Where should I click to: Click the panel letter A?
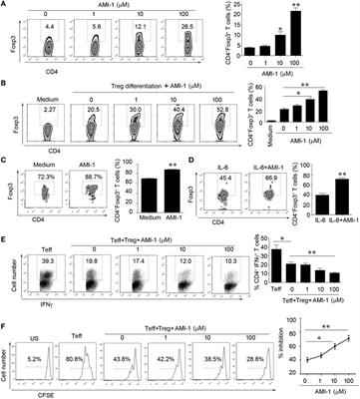pos(6,8)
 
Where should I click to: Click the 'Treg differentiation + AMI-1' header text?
pos(154,101)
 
